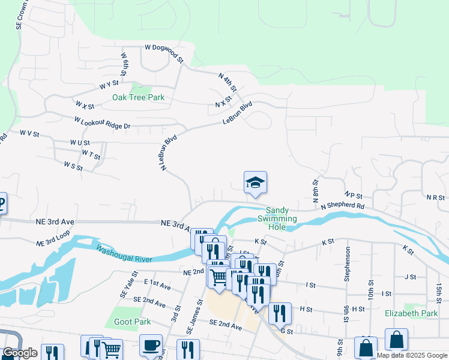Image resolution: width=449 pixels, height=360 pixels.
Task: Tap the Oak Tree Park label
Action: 138,97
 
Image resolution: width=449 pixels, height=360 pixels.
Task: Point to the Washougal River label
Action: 124,254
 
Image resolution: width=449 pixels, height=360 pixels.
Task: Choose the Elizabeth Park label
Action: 411,313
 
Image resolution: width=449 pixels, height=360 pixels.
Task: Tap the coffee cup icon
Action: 151,346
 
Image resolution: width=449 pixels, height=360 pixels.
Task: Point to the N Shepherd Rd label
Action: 342,206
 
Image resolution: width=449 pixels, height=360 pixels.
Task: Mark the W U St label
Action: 79,143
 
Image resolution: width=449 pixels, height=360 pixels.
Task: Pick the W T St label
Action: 91,155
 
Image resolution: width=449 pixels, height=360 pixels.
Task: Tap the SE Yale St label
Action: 124,291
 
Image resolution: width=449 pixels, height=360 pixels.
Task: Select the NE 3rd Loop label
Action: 53,238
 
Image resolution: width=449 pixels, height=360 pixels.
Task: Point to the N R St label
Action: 435,197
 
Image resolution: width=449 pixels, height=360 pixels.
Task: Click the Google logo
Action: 20,353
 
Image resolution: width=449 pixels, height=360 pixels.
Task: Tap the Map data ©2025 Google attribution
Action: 411,355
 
